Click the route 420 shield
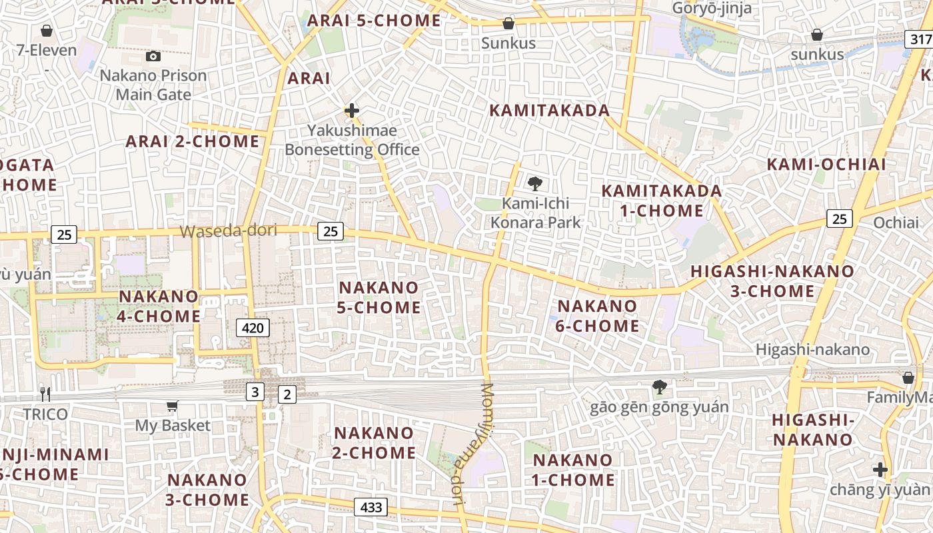(253, 327)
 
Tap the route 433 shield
(371, 507)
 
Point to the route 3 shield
(255, 392)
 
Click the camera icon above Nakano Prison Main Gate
(153, 57)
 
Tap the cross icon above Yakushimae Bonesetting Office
(352, 111)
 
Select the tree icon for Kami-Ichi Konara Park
(534, 184)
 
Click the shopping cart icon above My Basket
(173, 406)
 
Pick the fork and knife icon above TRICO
(45, 394)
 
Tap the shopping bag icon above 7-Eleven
(47, 31)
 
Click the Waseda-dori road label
(228, 231)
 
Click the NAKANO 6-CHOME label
(598, 316)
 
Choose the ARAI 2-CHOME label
(193, 141)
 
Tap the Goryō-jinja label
(712, 8)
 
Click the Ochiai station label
(896, 223)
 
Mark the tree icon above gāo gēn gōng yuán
(659, 387)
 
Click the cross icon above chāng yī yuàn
(880, 470)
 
